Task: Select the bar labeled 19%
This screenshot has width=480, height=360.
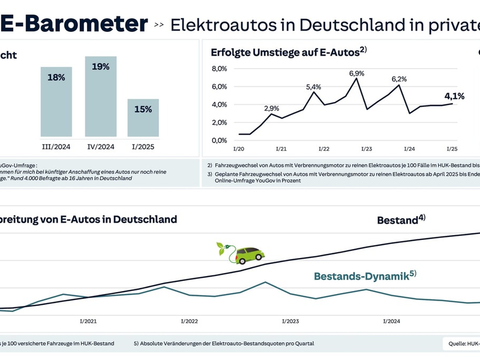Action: pos(101,96)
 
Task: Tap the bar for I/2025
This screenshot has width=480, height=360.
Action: pos(143,117)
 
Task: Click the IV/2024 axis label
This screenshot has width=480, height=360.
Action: pos(100,145)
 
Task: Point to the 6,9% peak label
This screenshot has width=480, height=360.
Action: pos(357,73)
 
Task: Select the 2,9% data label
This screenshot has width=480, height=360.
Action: pos(271,109)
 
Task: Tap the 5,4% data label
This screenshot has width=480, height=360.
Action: pos(314,87)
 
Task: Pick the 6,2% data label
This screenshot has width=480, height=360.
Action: pos(399,79)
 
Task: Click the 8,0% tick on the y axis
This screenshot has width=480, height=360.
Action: pos(220,68)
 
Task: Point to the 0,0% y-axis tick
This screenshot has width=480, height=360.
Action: pos(220,140)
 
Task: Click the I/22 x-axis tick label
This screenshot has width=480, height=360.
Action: pos(323,148)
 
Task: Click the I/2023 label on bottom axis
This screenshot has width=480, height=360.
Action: pos(290,322)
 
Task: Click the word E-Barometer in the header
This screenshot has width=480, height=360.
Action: pos(73,23)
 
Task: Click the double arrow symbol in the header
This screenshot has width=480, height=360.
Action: pos(159,25)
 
